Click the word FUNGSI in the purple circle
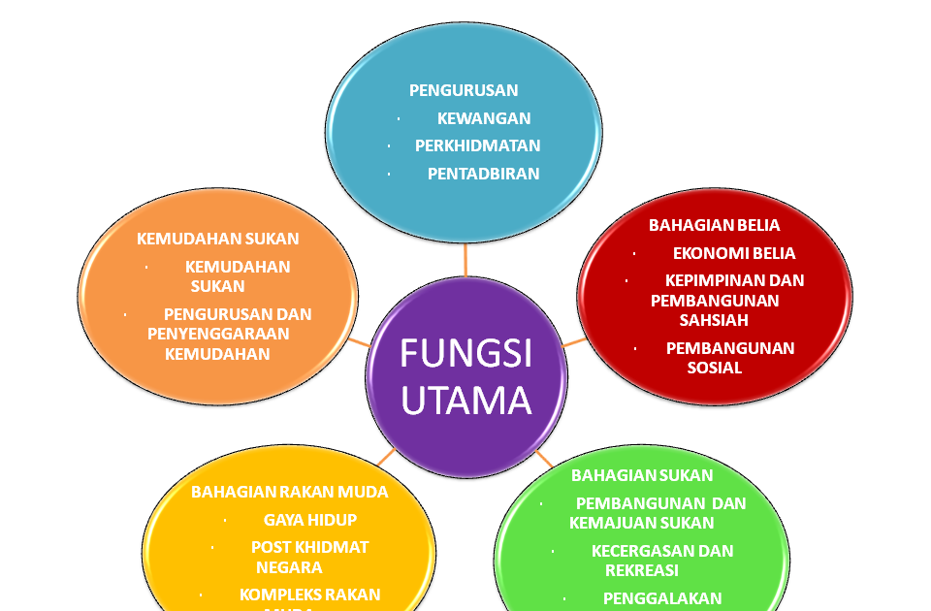coord(466,353)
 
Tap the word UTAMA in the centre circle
coord(466,400)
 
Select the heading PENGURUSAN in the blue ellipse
coord(464,90)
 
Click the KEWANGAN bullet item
coord(484,118)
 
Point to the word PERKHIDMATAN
coord(478,145)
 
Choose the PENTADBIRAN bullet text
coord(483,174)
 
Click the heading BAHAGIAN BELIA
coord(714,225)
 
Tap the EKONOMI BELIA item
coord(734,253)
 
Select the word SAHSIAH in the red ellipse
coord(688,320)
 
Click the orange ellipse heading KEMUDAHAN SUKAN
coord(218,239)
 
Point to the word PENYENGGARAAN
coord(218,334)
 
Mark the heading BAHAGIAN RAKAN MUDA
coord(289,492)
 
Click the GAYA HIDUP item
coord(310,520)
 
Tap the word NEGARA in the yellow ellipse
coord(289,567)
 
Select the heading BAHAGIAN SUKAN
coord(642,475)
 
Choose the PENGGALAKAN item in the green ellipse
coord(662,598)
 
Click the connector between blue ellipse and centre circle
coord(466,259)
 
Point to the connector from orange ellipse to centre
coord(360,342)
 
